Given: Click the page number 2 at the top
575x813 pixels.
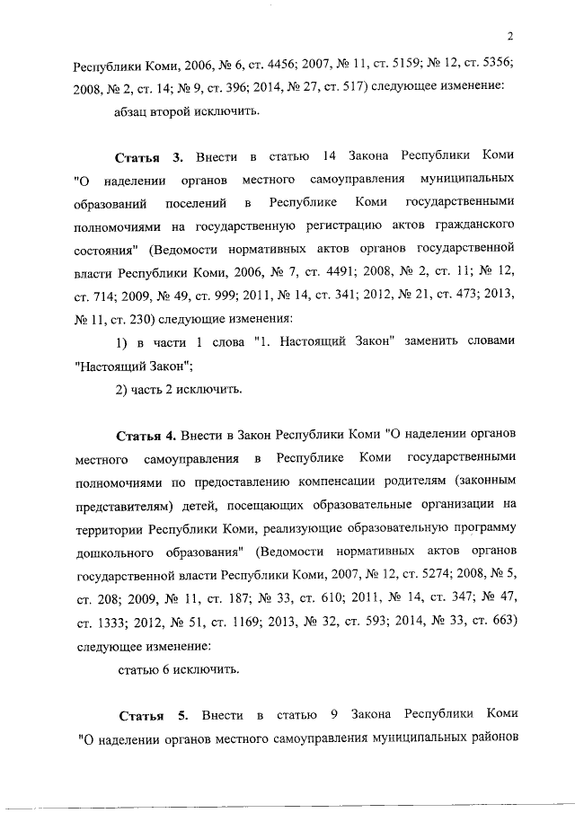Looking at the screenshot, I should coord(509,36).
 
